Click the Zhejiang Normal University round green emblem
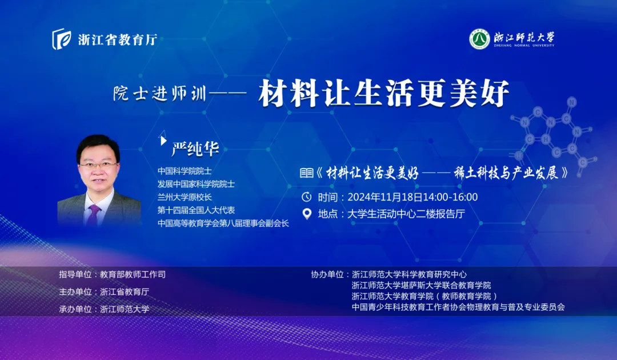pyautogui.click(x=479, y=39)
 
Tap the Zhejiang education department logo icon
pyautogui.click(x=61, y=39)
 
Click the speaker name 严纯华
pyautogui.click(x=195, y=149)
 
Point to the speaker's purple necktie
pyautogui.click(x=94, y=214)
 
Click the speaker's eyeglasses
pyautogui.click(x=98, y=165)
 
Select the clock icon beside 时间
pyautogui.click(x=307, y=197)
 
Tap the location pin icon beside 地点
pyautogui.click(x=307, y=214)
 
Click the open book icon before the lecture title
pyautogui.click(x=307, y=173)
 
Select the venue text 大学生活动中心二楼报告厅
pyautogui.click(x=406, y=214)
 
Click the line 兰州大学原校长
pyautogui.click(x=185, y=197)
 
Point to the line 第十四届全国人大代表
pyautogui.click(x=197, y=210)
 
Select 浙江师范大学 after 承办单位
pyautogui.click(x=125, y=309)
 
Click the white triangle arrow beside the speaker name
pyautogui.click(x=163, y=140)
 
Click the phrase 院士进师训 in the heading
pyautogui.click(x=160, y=94)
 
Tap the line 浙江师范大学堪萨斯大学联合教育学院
pyautogui.click(x=422, y=285)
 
